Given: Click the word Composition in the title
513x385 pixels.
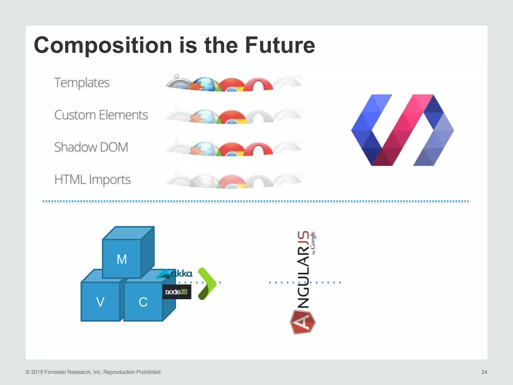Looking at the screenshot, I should click(x=103, y=45).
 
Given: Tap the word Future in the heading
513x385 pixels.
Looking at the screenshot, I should click(x=280, y=45).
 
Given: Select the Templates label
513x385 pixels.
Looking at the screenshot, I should click(x=82, y=83).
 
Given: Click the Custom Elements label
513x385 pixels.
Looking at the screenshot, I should click(x=101, y=115).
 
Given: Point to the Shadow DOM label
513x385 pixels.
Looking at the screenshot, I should click(x=91, y=147).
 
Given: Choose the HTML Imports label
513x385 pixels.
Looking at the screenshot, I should click(x=92, y=179).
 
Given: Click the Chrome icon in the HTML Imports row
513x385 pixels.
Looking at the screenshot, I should click(x=232, y=182).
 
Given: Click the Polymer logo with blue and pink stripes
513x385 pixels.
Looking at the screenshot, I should click(x=402, y=130).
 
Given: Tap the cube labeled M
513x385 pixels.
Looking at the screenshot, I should click(x=122, y=259).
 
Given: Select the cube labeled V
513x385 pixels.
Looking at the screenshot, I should click(x=100, y=302).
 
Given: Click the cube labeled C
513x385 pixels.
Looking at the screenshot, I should click(x=143, y=302).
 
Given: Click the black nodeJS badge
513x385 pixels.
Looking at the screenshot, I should click(x=177, y=292).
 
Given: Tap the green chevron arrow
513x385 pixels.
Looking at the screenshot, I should click(x=207, y=283).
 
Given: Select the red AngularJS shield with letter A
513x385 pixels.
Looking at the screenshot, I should click(x=303, y=322).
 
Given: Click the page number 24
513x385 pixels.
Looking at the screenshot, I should click(x=484, y=372).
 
